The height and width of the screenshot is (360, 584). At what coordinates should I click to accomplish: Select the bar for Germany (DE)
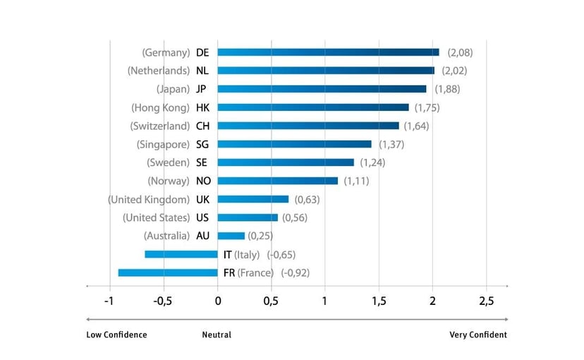click(328, 52)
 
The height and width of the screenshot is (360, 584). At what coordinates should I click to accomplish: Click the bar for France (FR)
click(168, 272)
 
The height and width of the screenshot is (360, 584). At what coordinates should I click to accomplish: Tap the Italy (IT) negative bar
click(181, 254)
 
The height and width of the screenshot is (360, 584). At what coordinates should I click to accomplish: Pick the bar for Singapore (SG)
click(295, 144)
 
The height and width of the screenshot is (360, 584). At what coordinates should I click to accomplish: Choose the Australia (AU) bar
click(231, 236)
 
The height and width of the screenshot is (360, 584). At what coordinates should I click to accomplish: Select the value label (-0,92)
click(296, 272)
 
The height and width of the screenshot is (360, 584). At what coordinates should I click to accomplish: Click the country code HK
click(203, 107)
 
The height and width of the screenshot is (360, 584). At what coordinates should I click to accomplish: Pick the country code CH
click(203, 126)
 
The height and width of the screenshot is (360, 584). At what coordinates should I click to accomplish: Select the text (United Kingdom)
click(149, 199)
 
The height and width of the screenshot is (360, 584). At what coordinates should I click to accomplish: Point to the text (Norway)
click(169, 181)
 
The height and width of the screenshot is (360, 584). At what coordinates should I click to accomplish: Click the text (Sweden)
click(168, 162)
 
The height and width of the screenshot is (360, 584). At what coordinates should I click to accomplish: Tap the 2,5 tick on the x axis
click(486, 301)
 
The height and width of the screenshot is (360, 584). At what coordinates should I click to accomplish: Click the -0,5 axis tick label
click(163, 301)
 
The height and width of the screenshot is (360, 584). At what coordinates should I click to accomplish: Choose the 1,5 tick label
click(378, 301)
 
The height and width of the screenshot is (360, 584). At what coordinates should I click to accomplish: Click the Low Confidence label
click(116, 335)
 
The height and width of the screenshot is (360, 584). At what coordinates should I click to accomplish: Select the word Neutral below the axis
click(217, 335)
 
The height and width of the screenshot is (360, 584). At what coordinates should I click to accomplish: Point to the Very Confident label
click(477, 335)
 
